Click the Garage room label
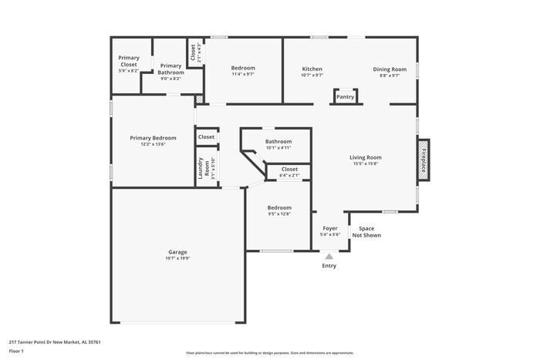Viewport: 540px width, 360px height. [177, 252]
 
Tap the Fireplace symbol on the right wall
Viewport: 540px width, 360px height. [423, 161]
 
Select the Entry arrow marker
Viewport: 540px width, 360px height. [329, 257]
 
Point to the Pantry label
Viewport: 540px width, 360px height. [345, 97]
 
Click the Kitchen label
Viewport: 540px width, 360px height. [312, 69]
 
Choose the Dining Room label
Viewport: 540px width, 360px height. [389, 69]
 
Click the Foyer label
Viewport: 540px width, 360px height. [329, 228]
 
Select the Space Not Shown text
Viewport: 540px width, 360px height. [366, 232]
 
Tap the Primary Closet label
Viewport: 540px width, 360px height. [128, 61]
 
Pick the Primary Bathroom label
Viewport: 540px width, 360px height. [170, 69]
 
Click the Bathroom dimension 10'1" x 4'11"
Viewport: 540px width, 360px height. [278, 148]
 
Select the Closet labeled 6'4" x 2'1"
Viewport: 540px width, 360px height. [289, 176]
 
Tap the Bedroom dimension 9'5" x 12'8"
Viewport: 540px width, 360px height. [279, 214]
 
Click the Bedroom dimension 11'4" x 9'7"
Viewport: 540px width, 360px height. [243, 75]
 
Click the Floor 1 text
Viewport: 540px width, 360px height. [16, 351]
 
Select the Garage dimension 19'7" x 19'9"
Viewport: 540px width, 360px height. [177, 258]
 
